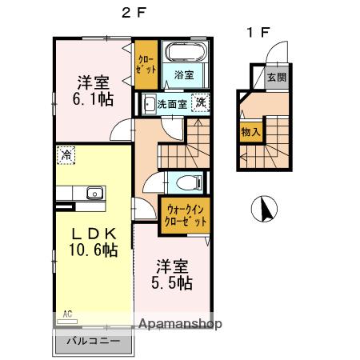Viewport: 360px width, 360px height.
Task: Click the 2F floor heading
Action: [x=132, y=13]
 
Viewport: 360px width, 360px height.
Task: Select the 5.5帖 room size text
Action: [x=171, y=282]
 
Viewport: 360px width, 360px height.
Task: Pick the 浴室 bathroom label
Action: [x=183, y=74]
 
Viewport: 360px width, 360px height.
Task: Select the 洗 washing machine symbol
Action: [x=202, y=102]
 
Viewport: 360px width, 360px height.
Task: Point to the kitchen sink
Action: [x=94, y=192]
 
